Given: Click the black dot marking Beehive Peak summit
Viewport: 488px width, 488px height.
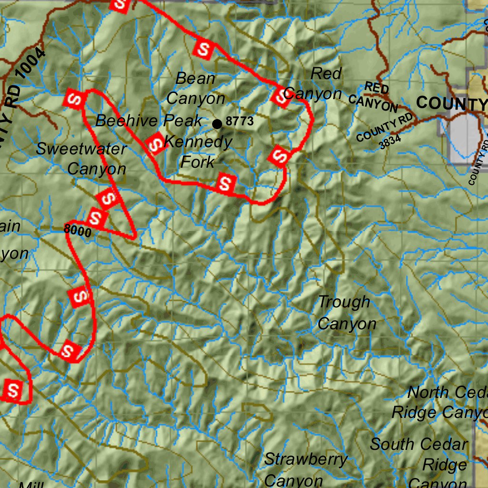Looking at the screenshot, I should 217,124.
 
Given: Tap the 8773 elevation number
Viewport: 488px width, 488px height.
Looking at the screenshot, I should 240,121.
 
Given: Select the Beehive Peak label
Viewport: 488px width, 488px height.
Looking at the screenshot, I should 149,121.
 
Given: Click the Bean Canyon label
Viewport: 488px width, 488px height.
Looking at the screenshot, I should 195,89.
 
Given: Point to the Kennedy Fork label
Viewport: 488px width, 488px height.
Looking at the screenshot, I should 198,152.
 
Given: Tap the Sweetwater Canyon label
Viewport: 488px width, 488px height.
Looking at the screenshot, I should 81,159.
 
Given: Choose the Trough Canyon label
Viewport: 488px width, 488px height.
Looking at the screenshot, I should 346,313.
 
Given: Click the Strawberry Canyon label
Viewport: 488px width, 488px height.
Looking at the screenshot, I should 305,469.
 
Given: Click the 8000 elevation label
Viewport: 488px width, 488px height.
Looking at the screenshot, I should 78,229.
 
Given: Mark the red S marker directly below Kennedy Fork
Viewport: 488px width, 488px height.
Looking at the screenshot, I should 225,183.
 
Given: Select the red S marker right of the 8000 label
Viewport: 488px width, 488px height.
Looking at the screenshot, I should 97,218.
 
